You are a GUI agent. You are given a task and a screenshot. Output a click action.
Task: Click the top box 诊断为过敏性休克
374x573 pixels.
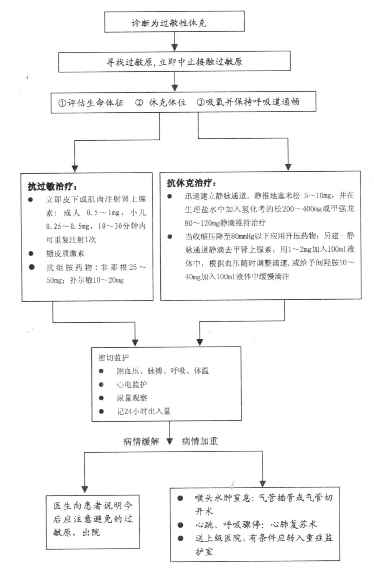[x=175, y=22]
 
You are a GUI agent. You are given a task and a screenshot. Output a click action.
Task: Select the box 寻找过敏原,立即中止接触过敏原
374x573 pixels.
[x=175, y=62]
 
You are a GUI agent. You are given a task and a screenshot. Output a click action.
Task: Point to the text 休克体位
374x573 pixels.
[x=167, y=102]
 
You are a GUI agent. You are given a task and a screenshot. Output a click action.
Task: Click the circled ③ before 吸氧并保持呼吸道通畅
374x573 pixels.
[x=201, y=102]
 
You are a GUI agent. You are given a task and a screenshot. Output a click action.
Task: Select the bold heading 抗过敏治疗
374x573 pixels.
[x=52, y=187]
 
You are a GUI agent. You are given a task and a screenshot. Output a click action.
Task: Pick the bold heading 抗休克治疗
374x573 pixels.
[x=191, y=183]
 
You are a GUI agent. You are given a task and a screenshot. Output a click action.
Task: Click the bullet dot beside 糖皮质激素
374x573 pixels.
[x=31, y=253]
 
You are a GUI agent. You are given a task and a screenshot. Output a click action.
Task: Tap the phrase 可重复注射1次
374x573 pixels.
[x=71, y=240]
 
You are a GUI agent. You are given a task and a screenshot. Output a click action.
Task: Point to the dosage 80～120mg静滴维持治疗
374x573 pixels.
[x=225, y=222]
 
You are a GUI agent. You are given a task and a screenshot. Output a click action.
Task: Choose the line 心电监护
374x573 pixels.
[x=132, y=384]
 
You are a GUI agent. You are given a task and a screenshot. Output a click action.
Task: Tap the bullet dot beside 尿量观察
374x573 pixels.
[x=101, y=398]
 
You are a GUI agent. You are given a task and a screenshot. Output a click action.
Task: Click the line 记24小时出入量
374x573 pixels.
[x=144, y=411]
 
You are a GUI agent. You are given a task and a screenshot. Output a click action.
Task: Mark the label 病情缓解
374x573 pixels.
[x=141, y=441]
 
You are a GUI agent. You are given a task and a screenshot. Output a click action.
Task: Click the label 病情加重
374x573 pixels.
[x=199, y=441]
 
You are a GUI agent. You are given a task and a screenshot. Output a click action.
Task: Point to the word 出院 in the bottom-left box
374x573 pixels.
[x=91, y=532]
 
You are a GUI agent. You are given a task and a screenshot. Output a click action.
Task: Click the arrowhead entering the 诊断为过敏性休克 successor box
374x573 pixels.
[x=175, y=48]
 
